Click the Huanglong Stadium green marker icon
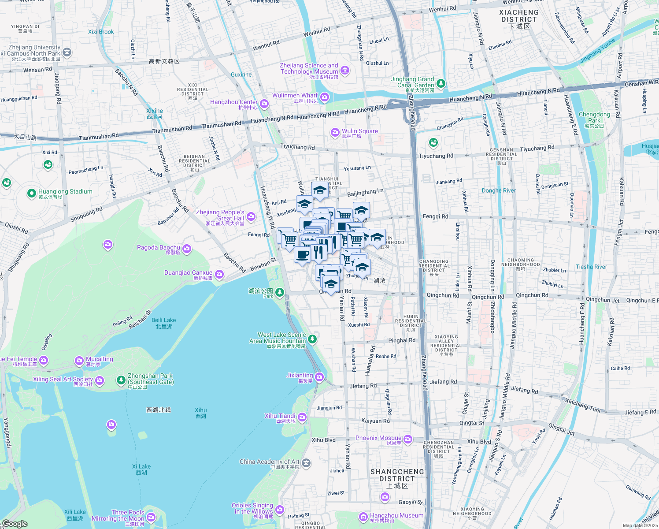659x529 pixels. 31,193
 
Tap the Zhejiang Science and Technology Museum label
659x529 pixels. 309,69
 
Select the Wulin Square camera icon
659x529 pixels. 335,132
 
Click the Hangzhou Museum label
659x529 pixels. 396,516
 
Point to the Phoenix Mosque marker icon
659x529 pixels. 408,439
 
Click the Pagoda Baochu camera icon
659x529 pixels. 187,250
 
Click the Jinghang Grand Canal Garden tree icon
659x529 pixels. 441,83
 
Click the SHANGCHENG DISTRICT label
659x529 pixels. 397,476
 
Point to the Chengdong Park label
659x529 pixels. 594,117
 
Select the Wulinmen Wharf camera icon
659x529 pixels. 325,97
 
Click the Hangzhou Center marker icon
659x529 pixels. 264,104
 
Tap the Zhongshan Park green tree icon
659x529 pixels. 121,380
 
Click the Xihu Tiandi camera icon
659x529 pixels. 302,417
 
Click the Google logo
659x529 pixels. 15,524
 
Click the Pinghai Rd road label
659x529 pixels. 401,340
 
